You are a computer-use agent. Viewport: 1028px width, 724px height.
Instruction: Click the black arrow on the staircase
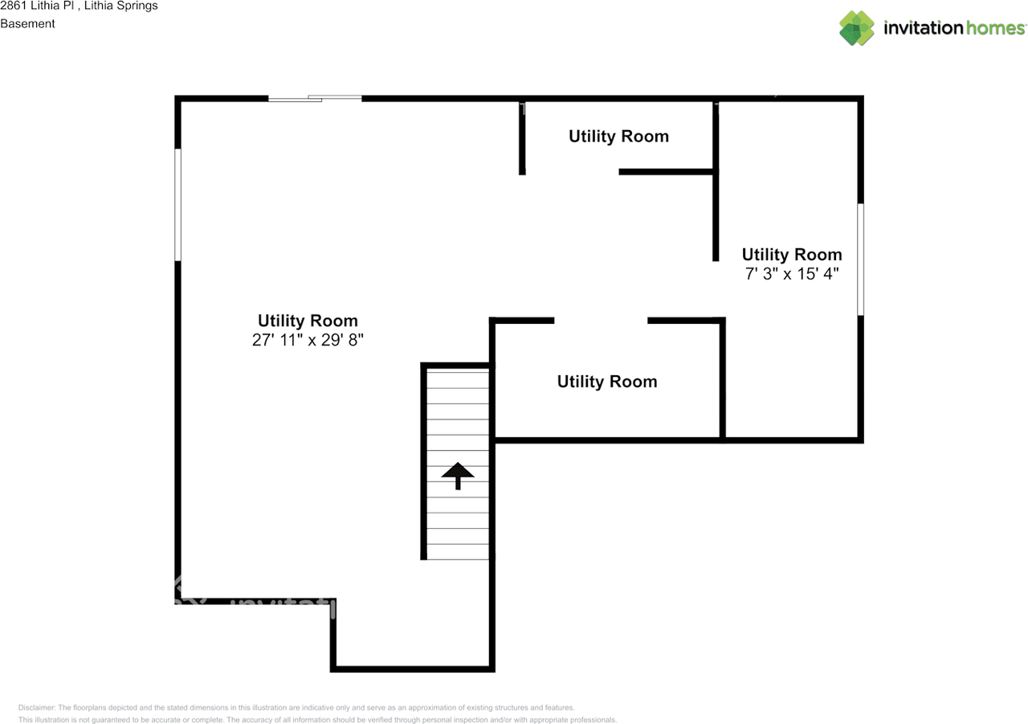(458, 475)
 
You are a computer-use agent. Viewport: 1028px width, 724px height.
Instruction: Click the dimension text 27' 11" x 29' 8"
(308, 340)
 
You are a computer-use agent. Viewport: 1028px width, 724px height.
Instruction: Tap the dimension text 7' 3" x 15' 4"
(791, 274)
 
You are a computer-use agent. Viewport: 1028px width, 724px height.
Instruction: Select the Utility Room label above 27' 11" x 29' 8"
(308, 320)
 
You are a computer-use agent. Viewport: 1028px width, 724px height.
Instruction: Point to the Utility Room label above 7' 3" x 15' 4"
(791, 255)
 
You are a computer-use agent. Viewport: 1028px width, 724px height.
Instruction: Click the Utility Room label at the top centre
(618, 136)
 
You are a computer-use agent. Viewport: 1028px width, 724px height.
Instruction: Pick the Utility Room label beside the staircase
(607, 381)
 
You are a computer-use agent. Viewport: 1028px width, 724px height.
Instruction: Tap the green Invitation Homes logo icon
(857, 28)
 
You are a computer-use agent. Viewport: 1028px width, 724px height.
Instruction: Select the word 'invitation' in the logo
(923, 28)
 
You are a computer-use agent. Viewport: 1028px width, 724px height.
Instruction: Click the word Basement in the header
(27, 23)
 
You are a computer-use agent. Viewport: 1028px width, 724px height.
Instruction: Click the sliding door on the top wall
(315, 98)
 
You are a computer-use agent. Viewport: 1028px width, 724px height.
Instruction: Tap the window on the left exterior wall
(177, 204)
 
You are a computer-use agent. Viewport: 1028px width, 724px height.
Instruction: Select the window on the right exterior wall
(861, 259)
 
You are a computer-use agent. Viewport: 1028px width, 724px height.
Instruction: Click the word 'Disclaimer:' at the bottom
(37, 707)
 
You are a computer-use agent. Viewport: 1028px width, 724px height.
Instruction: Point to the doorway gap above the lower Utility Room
(601, 321)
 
